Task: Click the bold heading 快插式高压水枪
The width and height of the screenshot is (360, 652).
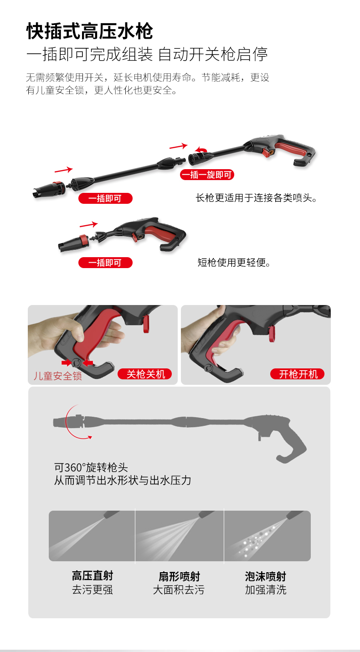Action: click(x=90, y=31)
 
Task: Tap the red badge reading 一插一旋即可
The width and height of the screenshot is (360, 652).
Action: click(x=207, y=175)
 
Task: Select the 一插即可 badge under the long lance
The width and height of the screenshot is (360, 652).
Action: click(x=105, y=198)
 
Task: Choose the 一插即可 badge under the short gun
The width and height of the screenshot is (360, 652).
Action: click(x=105, y=263)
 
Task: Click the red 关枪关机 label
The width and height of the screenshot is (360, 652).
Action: click(x=144, y=374)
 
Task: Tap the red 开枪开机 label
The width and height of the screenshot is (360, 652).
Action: click(x=298, y=374)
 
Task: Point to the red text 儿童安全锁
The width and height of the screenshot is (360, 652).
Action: click(x=57, y=376)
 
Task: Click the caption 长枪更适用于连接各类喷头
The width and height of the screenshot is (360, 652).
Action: click(x=256, y=198)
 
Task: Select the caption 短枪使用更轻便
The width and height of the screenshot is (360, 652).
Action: click(x=234, y=263)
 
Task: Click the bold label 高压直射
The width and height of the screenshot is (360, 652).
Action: click(x=92, y=575)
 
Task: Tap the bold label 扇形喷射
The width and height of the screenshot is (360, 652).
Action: click(x=179, y=576)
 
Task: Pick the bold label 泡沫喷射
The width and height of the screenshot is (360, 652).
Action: click(x=265, y=576)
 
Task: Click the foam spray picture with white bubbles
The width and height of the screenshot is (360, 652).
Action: click(x=267, y=536)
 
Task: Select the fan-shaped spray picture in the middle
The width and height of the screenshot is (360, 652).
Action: click(x=180, y=536)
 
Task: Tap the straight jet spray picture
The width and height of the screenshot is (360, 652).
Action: click(x=92, y=536)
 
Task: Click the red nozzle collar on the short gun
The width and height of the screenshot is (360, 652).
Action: click(x=83, y=240)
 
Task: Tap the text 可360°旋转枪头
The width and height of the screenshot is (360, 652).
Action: click(x=91, y=467)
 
